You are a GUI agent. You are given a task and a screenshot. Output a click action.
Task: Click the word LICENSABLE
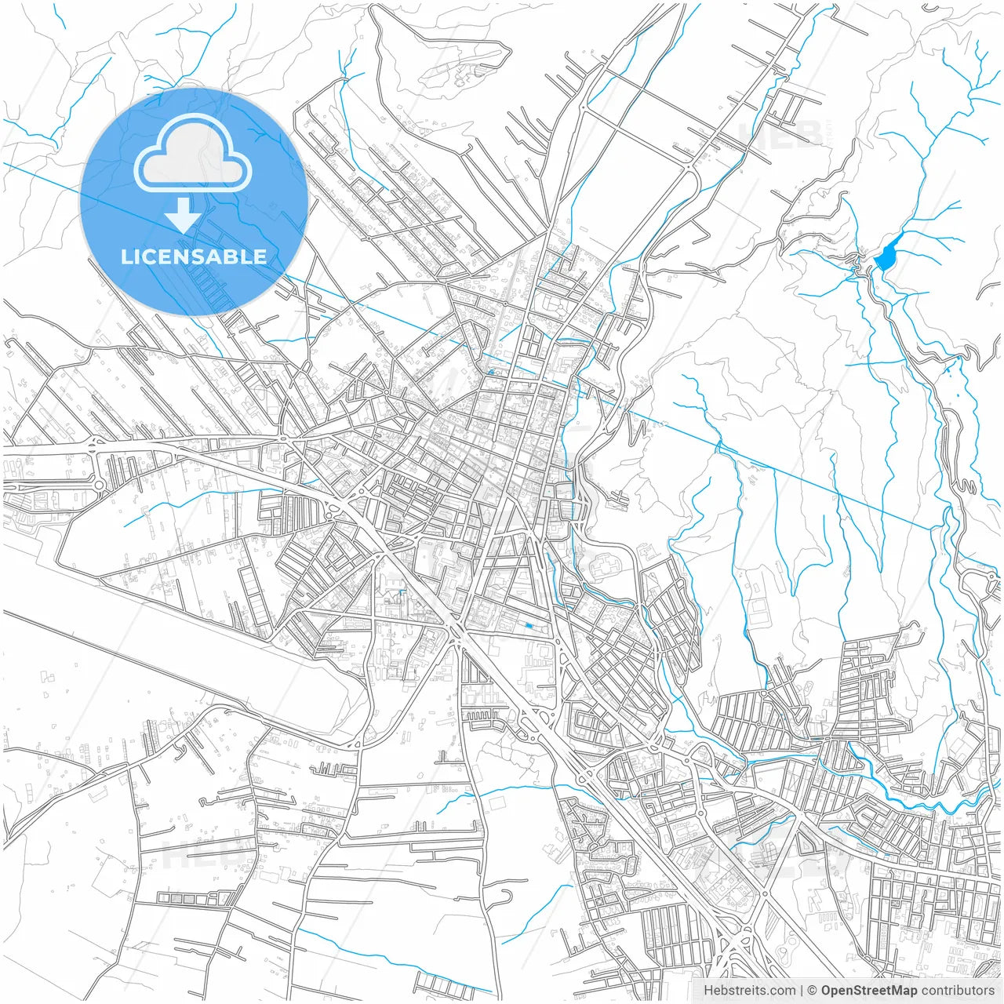coord(194,256)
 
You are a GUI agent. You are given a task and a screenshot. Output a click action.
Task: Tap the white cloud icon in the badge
coord(193,153)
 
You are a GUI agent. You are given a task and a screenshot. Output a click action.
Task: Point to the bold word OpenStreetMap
coord(869,991)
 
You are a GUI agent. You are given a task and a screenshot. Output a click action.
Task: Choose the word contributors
coord(958,991)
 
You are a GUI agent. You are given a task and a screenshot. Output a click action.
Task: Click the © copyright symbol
coord(813,991)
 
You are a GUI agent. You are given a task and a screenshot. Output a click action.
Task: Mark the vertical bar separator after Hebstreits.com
coord(801,991)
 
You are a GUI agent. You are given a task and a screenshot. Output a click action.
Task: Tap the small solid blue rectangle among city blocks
coord(529,625)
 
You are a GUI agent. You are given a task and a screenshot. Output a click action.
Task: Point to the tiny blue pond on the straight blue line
coord(491,372)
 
